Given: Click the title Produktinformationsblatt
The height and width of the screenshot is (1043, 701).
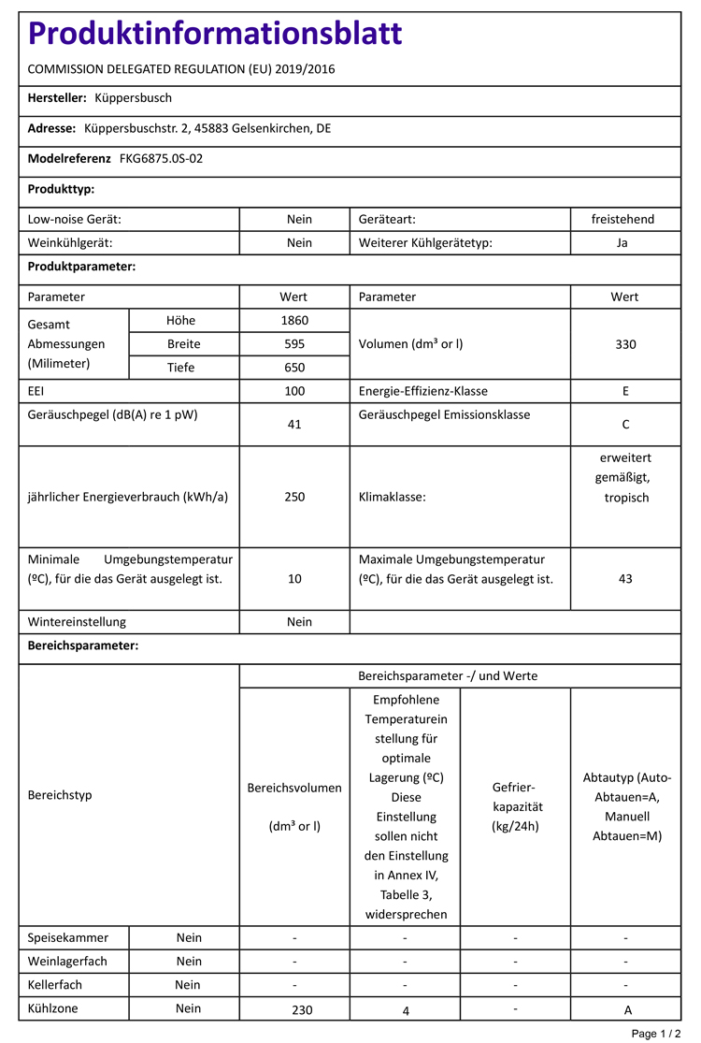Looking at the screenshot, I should click(215, 34).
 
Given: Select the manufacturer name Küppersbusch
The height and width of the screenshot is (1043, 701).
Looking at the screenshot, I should click(134, 98).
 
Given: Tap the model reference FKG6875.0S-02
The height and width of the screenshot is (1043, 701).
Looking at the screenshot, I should click(161, 159).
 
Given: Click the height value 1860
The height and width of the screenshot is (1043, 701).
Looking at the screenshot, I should click(294, 320).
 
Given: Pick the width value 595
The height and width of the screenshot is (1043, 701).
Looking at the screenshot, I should click(294, 343).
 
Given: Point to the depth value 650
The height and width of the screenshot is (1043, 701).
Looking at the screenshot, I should click(294, 368).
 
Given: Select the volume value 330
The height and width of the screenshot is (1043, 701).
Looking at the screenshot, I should click(625, 343).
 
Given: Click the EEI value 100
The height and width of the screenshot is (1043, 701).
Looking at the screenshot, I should click(294, 391).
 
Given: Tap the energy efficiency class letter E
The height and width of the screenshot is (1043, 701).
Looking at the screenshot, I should click(625, 391).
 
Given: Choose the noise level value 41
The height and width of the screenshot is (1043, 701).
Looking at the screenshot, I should click(294, 425).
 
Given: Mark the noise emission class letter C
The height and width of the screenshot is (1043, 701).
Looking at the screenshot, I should click(625, 425).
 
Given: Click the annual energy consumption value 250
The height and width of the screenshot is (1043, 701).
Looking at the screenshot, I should click(294, 497).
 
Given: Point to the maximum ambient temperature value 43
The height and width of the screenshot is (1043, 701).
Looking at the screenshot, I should click(625, 579).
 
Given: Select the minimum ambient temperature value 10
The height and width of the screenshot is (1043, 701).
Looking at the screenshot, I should click(294, 579).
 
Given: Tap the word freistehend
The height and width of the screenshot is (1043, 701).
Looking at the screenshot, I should click(623, 219).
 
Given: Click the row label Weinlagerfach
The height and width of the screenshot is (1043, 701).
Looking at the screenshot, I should click(67, 962).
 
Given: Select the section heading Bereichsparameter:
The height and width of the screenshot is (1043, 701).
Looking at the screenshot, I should click(83, 645).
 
